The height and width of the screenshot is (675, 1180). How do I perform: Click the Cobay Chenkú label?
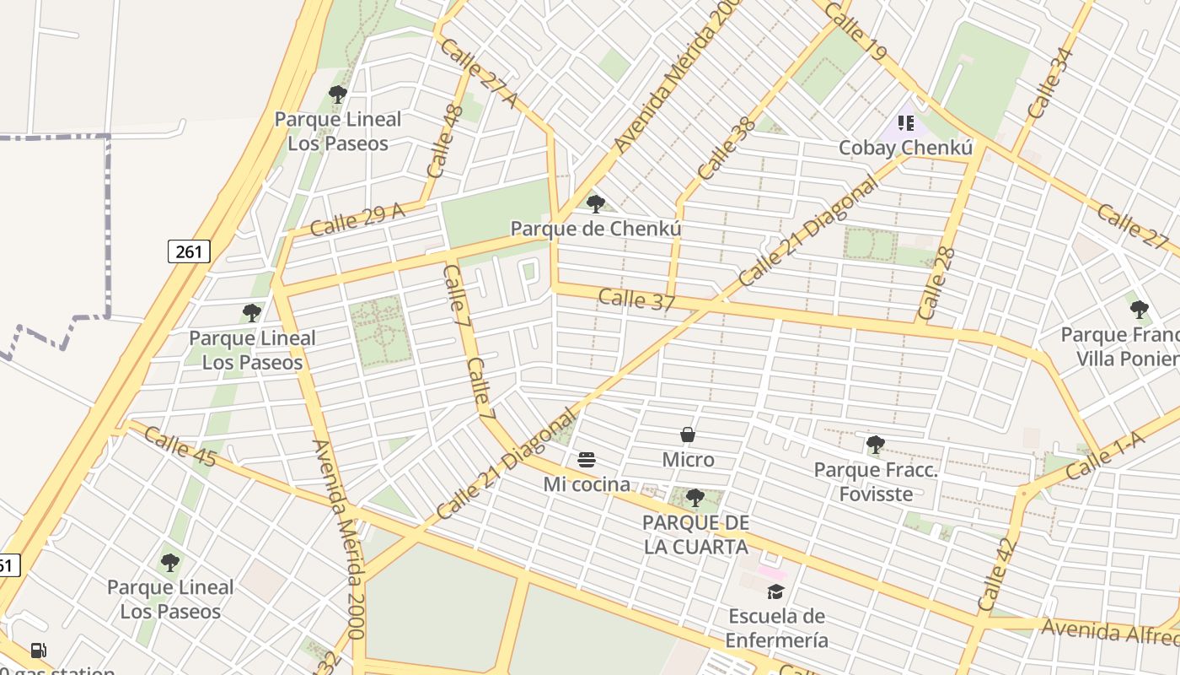click(905, 148)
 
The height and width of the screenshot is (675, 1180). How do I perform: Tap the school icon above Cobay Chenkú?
click(906, 124)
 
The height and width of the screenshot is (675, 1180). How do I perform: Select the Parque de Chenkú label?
click(596, 229)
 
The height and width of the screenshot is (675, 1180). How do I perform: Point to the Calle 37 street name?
click(636, 300)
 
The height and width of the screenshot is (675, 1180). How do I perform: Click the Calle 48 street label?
click(445, 141)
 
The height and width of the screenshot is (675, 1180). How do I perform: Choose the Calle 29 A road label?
click(357, 219)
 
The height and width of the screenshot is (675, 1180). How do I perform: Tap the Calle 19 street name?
click(856, 31)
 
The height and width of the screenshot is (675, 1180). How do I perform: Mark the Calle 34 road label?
click(1050, 83)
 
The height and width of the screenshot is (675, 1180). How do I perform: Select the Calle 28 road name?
click(936, 283)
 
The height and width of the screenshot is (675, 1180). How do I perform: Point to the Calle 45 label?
click(180, 446)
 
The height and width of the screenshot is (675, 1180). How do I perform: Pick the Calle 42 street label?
click(995, 575)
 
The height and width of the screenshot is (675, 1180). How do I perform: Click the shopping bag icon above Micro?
click(688, 435)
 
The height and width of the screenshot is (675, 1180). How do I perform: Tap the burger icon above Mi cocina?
click(587, 460)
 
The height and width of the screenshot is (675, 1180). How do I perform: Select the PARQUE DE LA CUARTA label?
click(695, 534)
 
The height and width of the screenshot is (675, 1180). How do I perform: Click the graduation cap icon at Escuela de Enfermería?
click(776, 591)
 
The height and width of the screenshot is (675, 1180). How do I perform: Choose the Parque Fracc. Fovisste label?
click(876, 482)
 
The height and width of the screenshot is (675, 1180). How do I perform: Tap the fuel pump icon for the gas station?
click(38, 650)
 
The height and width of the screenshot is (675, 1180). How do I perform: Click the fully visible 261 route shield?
click(189, 251)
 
